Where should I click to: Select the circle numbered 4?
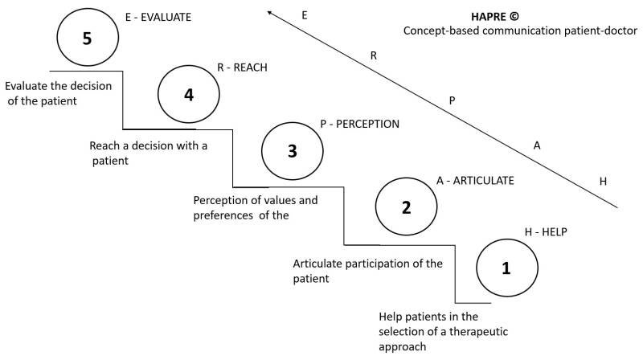[x=189, y=94]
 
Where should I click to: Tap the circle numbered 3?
[x=293, y=150]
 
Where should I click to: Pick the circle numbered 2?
[x=406, y=206]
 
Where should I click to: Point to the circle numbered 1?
[x=506, y=268]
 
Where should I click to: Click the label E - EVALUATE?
[x=158, y=14]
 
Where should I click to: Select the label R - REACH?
[x=242, y=68]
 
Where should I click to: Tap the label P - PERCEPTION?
[x=359, y=125]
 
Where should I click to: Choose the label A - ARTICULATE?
[x=474, y=182]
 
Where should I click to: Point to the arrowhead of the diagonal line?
[x=271, y=11]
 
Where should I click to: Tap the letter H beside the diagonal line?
[x=603, y=181]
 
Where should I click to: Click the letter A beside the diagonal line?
[x=538, y=145]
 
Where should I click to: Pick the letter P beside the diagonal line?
[x=453, y=100]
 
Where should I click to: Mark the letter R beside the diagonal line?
[x=374, y=55]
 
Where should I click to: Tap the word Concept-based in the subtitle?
[x=440, y=31]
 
